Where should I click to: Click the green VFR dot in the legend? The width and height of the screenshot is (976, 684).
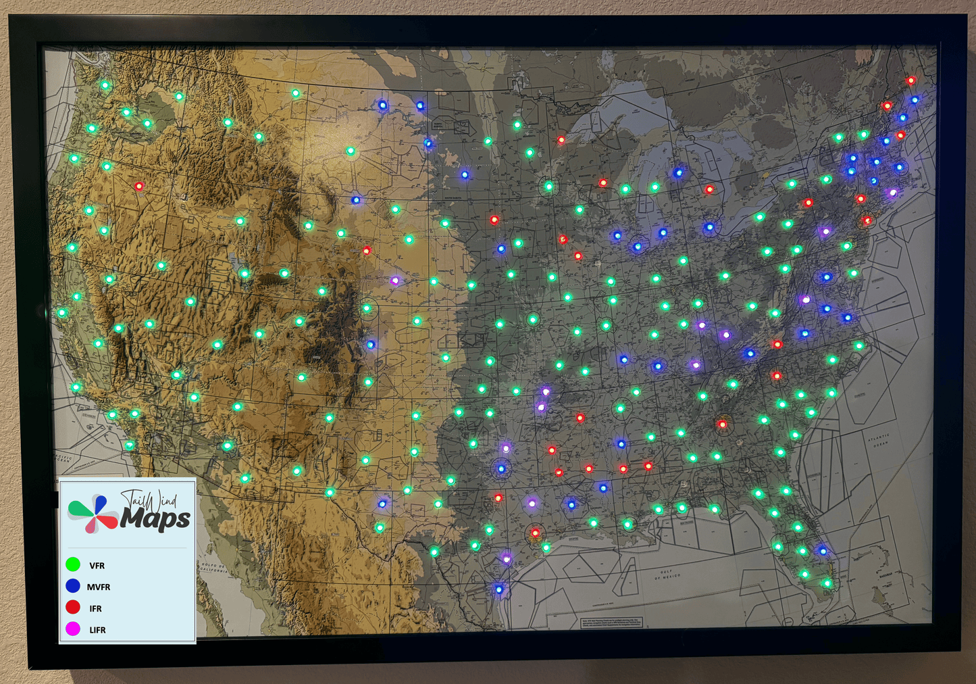point(73,564)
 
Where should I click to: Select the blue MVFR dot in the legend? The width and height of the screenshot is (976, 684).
point(73,586)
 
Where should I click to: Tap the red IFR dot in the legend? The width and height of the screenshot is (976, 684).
point(73,608)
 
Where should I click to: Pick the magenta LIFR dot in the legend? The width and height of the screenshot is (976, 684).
point(73,629)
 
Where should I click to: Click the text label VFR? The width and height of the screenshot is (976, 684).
point(97,566)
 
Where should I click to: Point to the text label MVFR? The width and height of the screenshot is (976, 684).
point(99,587)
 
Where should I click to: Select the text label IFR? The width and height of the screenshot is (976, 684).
point(95,609)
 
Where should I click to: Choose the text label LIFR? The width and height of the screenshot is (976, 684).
point(97,630)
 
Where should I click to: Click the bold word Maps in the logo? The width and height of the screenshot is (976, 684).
point(155,519)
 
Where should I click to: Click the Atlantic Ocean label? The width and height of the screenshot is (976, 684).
point(878,441)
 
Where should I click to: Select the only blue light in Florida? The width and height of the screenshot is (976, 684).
point(823,550)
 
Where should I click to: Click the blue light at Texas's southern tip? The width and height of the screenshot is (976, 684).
point(499,589)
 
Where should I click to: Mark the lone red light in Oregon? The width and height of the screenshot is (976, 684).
point(138,186)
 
